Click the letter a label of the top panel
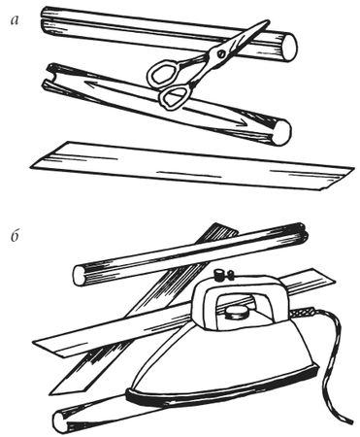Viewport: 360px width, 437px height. click(15, 20)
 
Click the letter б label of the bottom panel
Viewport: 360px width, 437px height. click(16, 237)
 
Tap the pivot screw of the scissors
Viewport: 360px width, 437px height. click(221, 53)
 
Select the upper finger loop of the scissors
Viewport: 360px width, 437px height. click(166, 73)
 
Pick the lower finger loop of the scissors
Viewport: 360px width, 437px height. click(175, 96)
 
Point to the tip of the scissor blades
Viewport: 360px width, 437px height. click(268, 22)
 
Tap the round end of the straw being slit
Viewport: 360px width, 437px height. click(281, 132)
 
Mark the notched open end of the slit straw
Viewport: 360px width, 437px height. click(50, 77)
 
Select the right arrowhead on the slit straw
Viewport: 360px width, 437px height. click(242, 123)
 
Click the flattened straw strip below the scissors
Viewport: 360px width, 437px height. click(191, 166)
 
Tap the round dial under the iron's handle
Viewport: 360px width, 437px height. click(237, 314)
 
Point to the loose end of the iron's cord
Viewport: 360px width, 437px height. click(349, 420)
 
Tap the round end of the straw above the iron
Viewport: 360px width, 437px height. click(79, 275)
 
